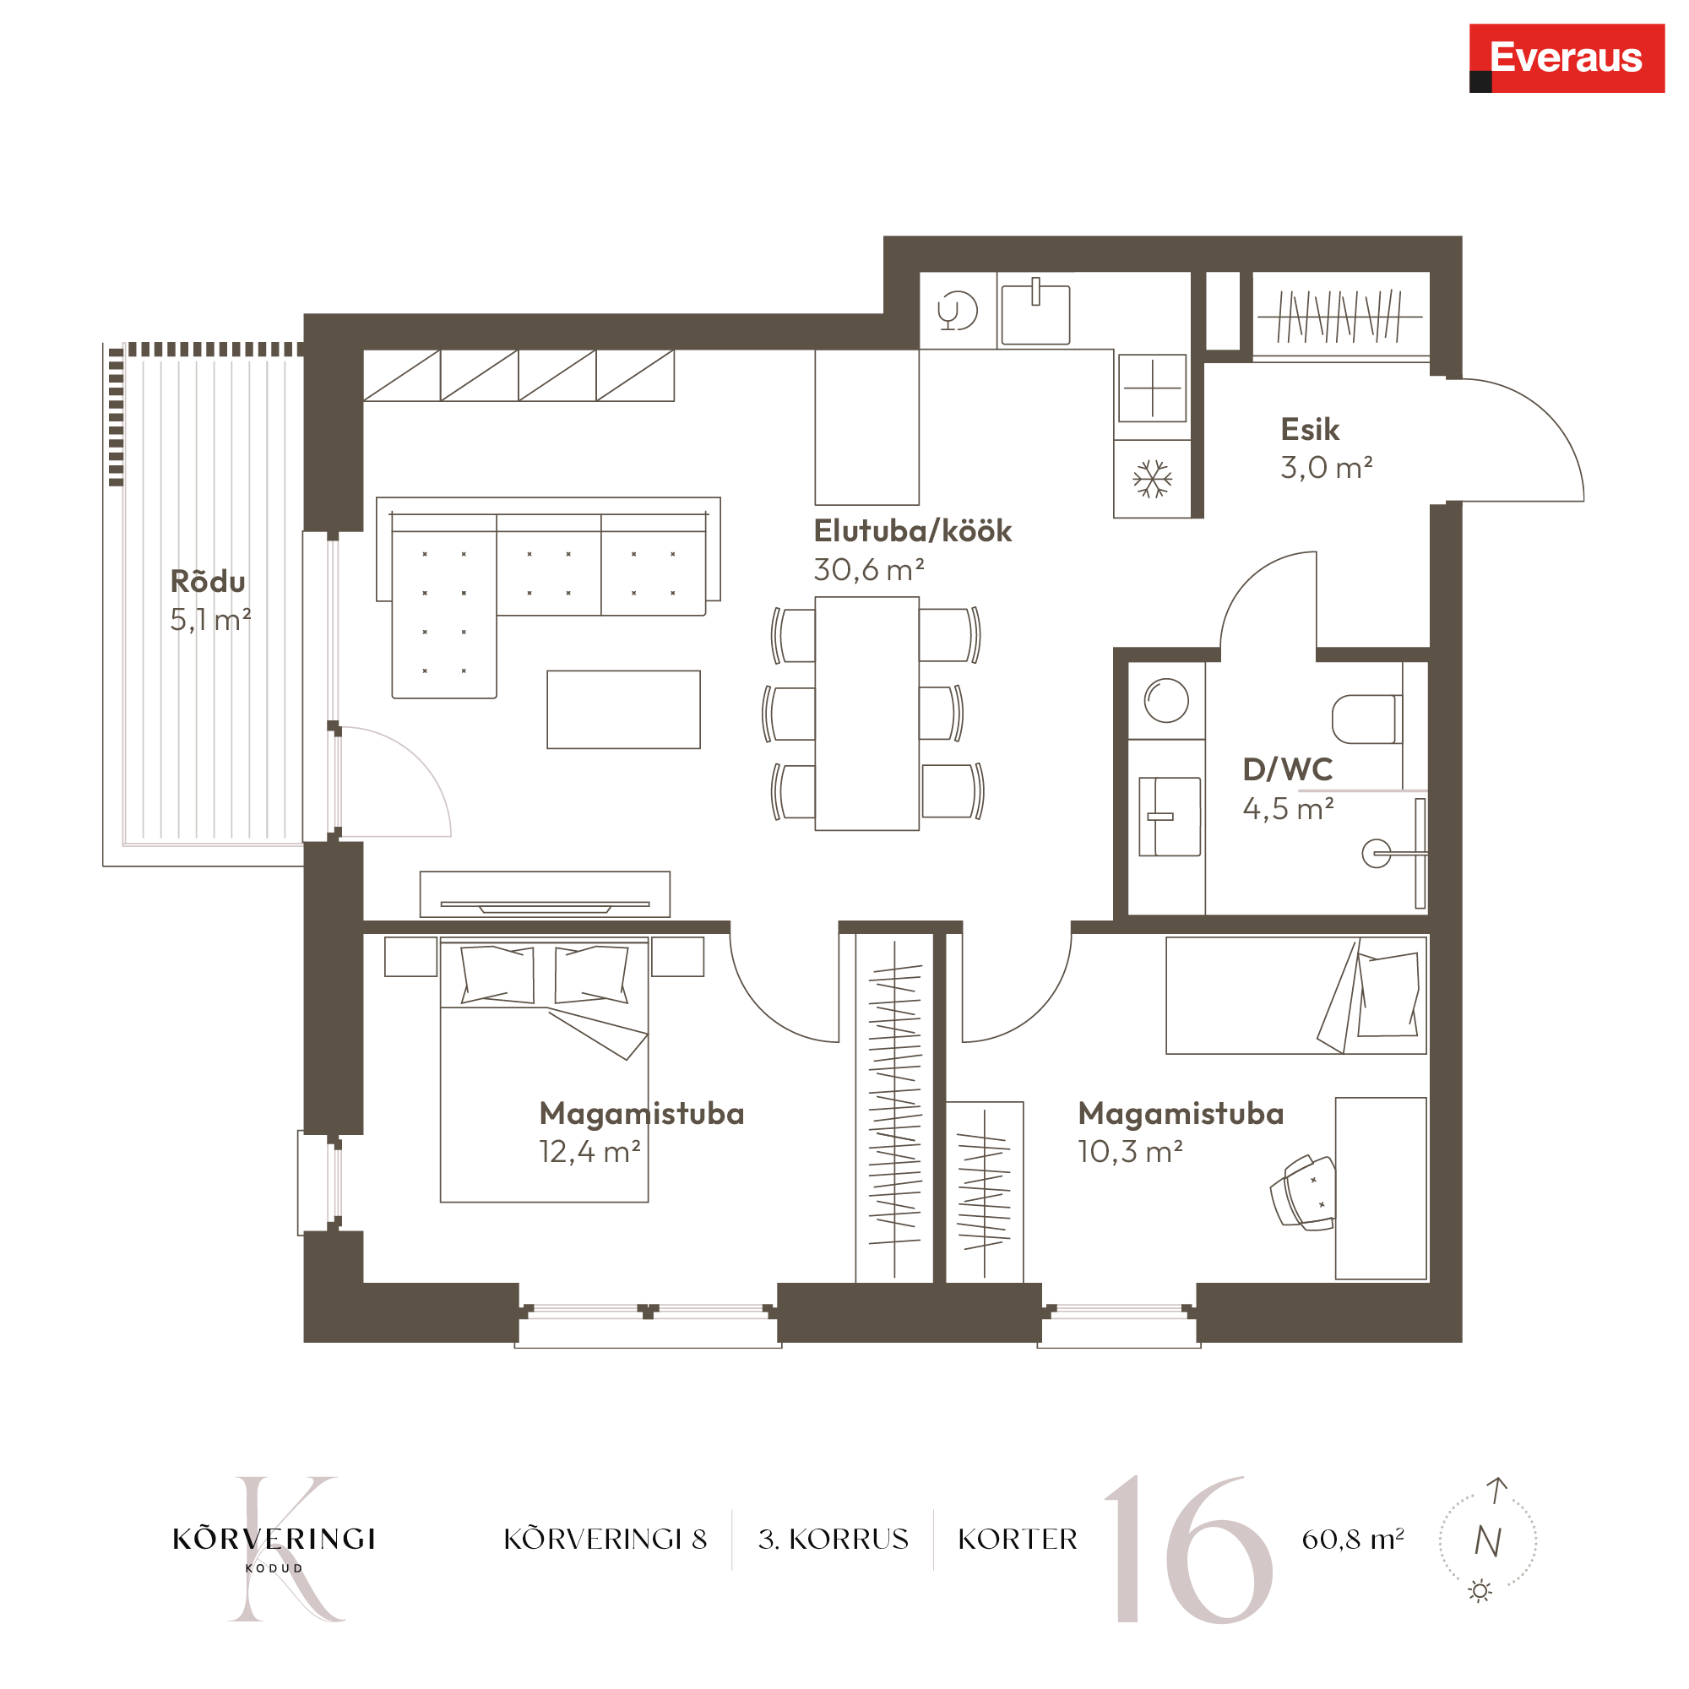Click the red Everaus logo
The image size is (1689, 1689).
coord(1567,57)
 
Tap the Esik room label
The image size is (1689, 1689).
coord(1310,429)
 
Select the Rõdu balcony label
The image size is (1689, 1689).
coord(208,580)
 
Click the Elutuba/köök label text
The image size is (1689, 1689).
coord(913,530)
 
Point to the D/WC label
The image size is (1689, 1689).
coord(1288,769)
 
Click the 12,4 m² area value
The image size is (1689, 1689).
coord(590,1151)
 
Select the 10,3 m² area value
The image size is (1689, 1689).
coord(1129,1151)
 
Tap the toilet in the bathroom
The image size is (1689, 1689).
coord(1366,719)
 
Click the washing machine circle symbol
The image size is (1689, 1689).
coord(1166,700)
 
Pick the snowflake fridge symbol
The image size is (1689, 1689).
coord(1152,479)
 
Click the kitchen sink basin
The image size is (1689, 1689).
coord(1035,314)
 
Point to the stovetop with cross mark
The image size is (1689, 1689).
coord(1152,388)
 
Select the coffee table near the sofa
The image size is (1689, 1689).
coord(623,709)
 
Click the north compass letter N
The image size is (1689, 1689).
coord(1488,1541)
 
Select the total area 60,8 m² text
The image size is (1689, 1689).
coord(1352,1539)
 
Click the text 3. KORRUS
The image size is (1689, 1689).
coord(834,1539)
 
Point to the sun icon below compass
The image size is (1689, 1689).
coord(1480,1590)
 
